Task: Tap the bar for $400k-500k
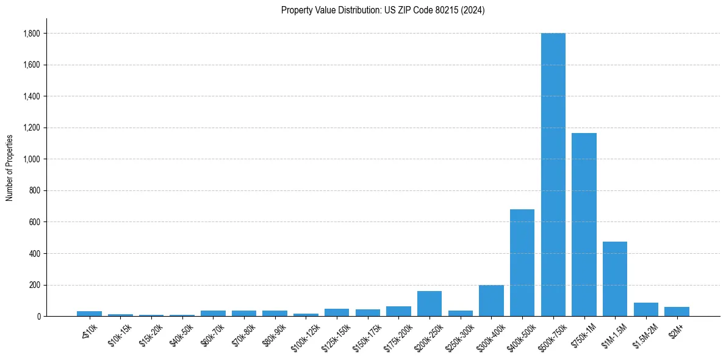tap(522, 262)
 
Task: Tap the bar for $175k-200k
tap(398, 311)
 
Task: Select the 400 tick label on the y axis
tap(35, 253)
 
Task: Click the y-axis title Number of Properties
tap(9, 168)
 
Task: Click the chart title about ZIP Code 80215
tap(383, 10)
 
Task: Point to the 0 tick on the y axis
tap(38, 316)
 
